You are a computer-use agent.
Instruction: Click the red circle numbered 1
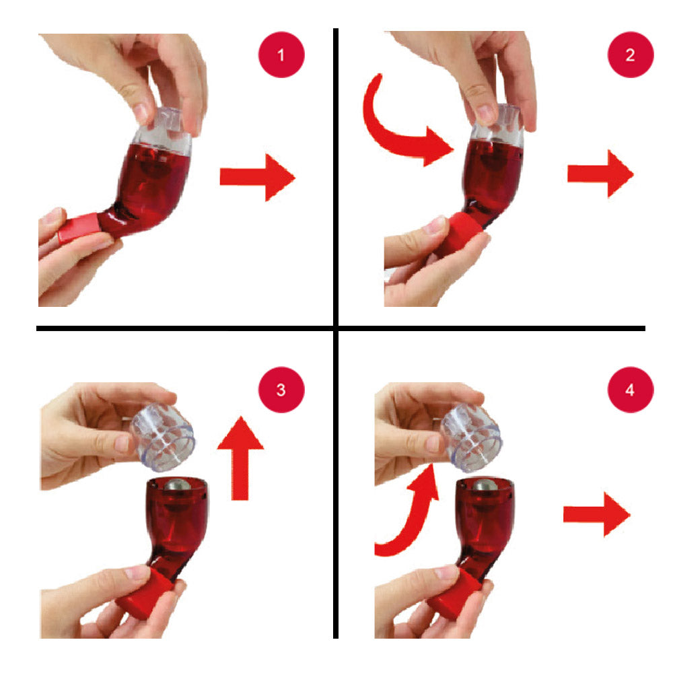pos(281,55)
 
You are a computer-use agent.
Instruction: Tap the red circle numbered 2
pos(631,55)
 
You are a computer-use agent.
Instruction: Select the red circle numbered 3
pos(281,390)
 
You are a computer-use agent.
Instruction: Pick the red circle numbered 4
pos(631,390)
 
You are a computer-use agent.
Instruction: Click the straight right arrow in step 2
pos(600,174)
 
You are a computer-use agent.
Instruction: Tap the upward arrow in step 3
pos(240,458)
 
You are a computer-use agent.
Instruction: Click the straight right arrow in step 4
pos(596,514)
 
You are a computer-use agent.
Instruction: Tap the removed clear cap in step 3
pos(163,435)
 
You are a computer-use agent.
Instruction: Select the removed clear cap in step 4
pos(471,437)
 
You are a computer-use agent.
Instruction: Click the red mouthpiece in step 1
pos(79,227)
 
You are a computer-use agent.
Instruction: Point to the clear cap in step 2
pos(498,124)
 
